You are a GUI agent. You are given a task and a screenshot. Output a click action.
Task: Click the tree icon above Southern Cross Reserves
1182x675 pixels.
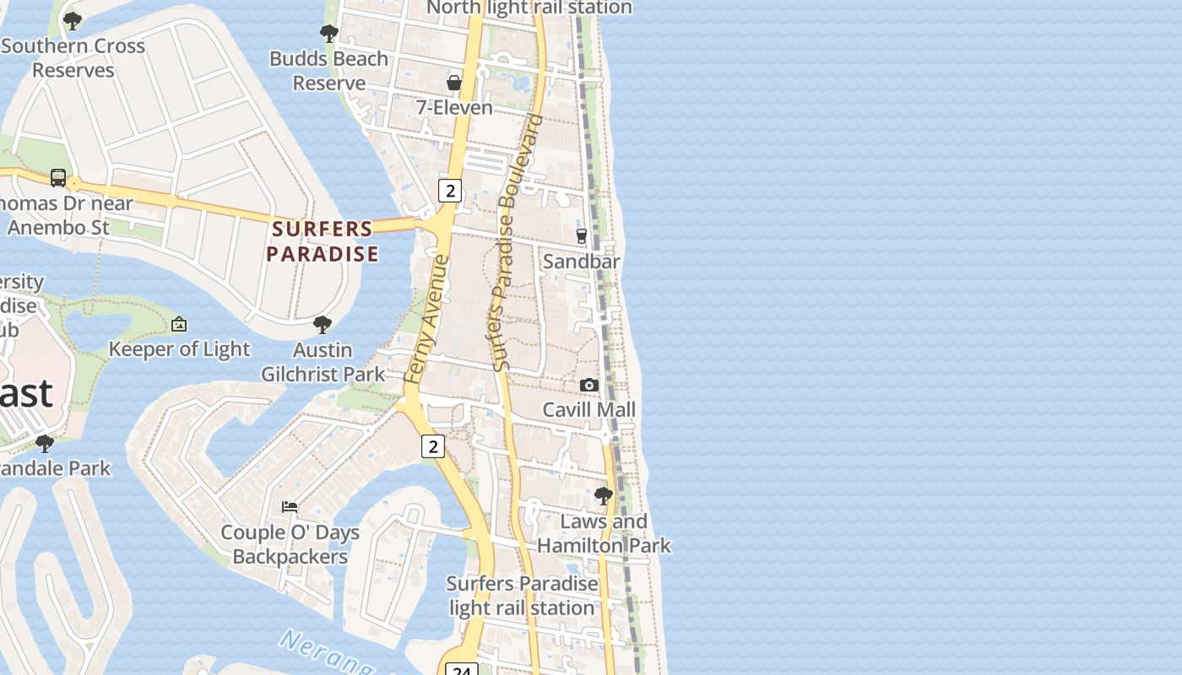pyautogui.click(x=73, y=20)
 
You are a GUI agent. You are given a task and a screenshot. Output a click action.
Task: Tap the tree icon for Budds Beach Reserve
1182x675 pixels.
pyautogui.click(x=328, y=34)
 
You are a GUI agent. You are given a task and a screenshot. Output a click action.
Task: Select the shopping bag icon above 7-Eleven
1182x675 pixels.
pyautogui.click(x=454, y=83)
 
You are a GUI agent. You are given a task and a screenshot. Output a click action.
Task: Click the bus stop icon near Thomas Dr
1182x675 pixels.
pyautogui.click(x=58, y=178)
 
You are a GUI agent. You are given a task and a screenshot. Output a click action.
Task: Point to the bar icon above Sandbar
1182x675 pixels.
pyautogui.click(x=581, y=236)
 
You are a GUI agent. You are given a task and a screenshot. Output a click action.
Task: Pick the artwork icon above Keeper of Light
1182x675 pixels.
pyautogui.click(x=179, y=324)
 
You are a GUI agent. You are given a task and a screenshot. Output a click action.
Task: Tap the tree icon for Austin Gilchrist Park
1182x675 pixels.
pyautogui.click(x=322, y=325)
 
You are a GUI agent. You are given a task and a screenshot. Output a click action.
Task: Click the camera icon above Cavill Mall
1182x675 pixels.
pyautogui.click(x=588, y=385)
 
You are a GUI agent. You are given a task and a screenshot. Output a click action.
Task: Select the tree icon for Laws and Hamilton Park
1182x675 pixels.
pyautogui.click(x=603, y=496)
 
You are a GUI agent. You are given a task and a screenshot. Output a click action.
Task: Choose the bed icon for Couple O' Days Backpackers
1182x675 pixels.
pyautogui.click(x=290, y=507)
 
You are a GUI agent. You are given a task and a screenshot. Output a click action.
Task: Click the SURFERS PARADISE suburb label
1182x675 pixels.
pyautogui.click(x=323, y=241)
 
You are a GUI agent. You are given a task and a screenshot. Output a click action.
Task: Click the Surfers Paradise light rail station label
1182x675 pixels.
pyautogui.click(x=522, y=596)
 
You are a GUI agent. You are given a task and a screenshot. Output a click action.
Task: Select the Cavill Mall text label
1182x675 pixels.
pyautogui.click(x=588, y=410)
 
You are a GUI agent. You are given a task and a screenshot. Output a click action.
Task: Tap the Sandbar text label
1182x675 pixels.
pyautogui.click(x=581, y=262)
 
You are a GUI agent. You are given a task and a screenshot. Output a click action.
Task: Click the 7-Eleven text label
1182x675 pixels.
pyautogui.click(x=454, y=108)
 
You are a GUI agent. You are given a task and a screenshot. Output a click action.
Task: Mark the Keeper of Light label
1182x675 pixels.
pyautogui.click(x=179, y=349)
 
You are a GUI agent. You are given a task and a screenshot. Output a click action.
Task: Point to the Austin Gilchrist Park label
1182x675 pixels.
pyautogui.click(x=323, y=362)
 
